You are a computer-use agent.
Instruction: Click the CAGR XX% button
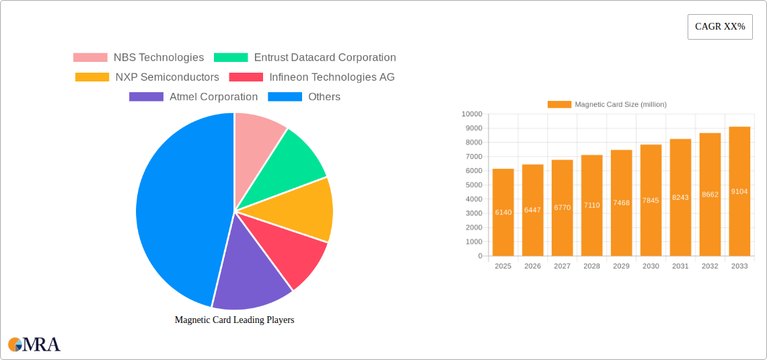719,26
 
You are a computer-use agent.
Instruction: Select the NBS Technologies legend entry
139,58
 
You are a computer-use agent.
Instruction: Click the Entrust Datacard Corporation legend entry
305,58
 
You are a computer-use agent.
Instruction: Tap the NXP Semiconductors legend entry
147,77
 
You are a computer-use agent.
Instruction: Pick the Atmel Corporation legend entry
194,97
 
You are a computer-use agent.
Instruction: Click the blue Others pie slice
175,209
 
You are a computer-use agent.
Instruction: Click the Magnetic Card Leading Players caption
234,320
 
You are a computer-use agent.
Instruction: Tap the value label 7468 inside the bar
621,203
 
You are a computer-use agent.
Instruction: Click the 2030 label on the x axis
651,266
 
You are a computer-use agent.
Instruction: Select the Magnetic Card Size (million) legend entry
607,104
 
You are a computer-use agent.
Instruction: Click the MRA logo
34,345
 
